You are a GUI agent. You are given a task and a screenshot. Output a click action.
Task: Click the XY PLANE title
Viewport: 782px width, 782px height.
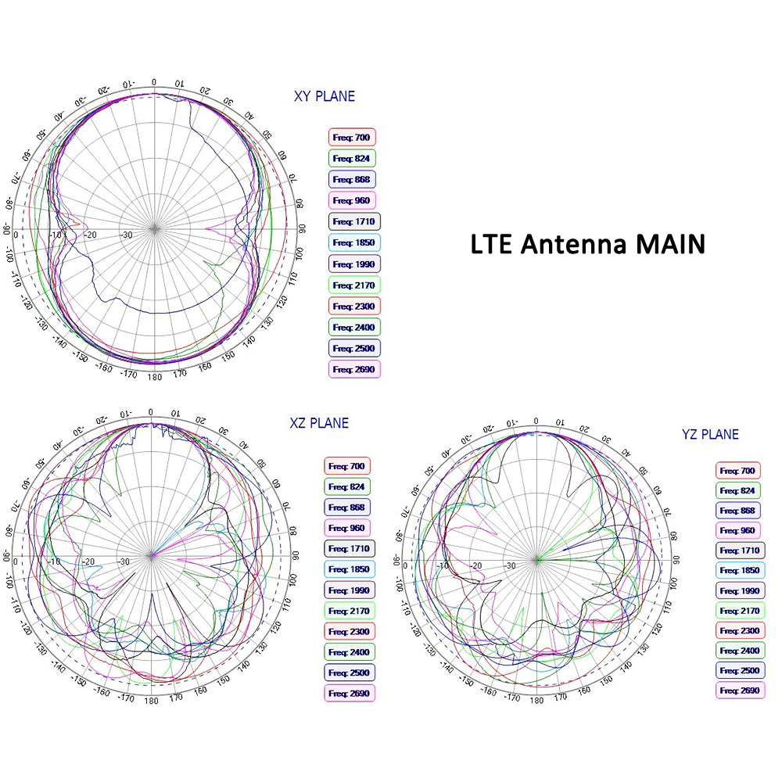(324, 97)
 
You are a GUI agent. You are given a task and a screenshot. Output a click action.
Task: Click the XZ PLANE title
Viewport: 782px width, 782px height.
(319, 424)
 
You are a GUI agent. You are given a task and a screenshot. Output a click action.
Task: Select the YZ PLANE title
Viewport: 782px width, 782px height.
(710, 435)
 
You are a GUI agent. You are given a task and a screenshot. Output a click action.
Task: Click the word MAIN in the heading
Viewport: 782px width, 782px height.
(669, 244)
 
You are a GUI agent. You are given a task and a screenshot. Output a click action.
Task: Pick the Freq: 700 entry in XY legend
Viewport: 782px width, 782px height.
(352, 138)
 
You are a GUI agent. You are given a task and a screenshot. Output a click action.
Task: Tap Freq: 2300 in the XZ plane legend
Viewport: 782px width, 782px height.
(349, 631)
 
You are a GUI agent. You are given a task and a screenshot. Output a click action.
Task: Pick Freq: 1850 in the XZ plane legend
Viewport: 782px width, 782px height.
(349, 569)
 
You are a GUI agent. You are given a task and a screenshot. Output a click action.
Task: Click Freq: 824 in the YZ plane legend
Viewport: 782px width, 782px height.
(737, 490)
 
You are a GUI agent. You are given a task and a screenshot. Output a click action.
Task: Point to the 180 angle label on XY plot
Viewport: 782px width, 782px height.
(154, 376)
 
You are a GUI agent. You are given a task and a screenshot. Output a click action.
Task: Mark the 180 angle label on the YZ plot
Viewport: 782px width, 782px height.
(536, 700)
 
